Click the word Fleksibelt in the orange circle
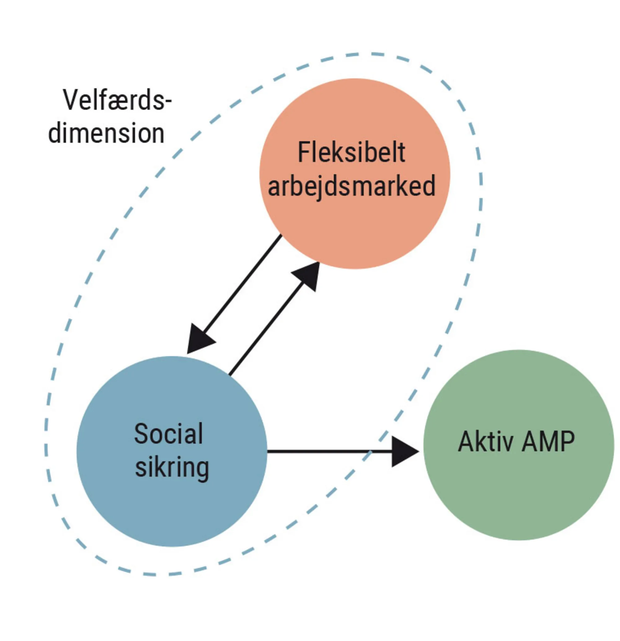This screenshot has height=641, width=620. [351, 152]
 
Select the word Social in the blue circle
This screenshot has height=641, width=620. [168, 434]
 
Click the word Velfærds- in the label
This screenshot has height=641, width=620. [117, 100]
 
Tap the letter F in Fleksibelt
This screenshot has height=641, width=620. [304, 152]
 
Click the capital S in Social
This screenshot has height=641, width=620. [141, 434]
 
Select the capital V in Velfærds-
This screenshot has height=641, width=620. [71, 100]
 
